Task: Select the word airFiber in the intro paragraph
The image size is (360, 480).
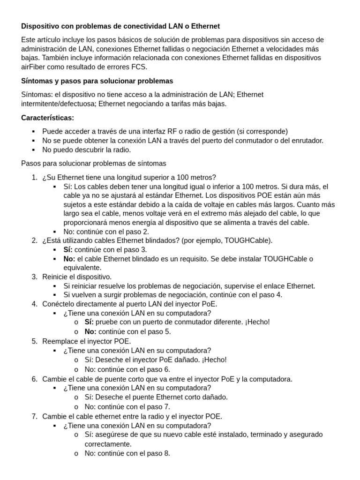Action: coord(34,67)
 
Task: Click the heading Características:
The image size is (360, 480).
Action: coord(47,118)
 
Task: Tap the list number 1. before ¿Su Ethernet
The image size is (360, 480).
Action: coord(34,177)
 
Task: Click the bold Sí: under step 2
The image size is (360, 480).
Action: coord(68,249)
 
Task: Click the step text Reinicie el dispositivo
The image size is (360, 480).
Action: coord(77,277)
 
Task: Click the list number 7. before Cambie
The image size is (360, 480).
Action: coord(34,416)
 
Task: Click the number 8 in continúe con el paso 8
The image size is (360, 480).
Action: coord(167,453)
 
